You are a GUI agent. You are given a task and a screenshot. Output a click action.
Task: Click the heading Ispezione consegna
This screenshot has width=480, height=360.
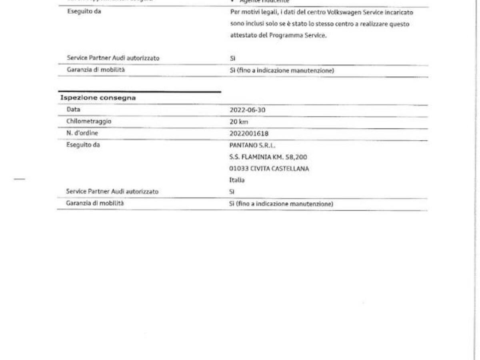coord(98,98)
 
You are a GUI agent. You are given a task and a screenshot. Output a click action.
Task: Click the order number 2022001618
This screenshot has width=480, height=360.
coord(249,133)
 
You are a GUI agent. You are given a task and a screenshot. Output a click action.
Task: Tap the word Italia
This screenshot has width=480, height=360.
coord(237,180)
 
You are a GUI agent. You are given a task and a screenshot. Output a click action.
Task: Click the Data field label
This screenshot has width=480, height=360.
coord(74,109)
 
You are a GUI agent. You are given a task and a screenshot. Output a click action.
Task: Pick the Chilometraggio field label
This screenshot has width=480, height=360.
coord(89,121)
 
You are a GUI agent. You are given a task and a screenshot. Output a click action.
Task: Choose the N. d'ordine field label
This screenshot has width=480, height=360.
coord(82,133)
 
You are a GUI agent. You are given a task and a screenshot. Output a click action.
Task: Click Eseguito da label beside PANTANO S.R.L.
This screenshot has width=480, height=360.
coord(83,145)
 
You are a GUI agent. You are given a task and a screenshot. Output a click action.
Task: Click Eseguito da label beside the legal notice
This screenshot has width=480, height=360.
coord(84,11)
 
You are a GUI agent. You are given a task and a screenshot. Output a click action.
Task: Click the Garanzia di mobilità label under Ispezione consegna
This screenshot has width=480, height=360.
coord(95,203)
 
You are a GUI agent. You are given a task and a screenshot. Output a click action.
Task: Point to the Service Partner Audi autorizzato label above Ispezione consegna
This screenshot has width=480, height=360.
coord(113,58)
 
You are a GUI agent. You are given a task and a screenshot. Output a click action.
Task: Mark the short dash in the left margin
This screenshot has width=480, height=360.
coord(20,179)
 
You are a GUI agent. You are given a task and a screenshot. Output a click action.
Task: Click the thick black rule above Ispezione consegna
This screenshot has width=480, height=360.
coord(140,92)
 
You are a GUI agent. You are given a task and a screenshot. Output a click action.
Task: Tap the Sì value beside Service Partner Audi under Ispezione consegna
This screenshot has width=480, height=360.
coord(232,192)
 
